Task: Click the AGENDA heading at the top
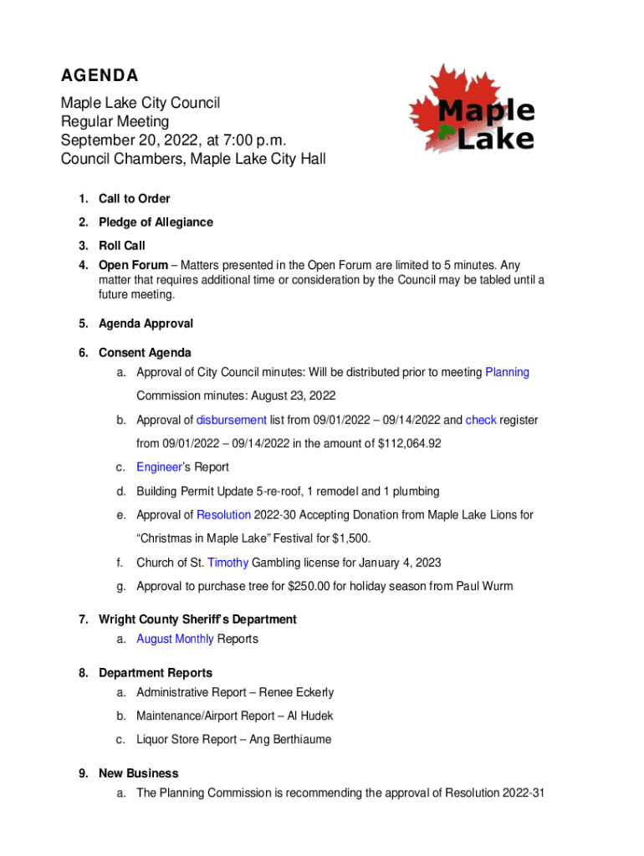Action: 99,76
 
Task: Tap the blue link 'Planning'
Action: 507,372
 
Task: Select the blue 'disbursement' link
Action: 232,420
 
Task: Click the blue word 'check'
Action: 481,420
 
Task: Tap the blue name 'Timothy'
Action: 227,563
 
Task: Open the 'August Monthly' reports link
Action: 175,639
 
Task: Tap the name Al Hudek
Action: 315,716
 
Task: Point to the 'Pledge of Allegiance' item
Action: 156,222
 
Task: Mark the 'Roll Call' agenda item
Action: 122,246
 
